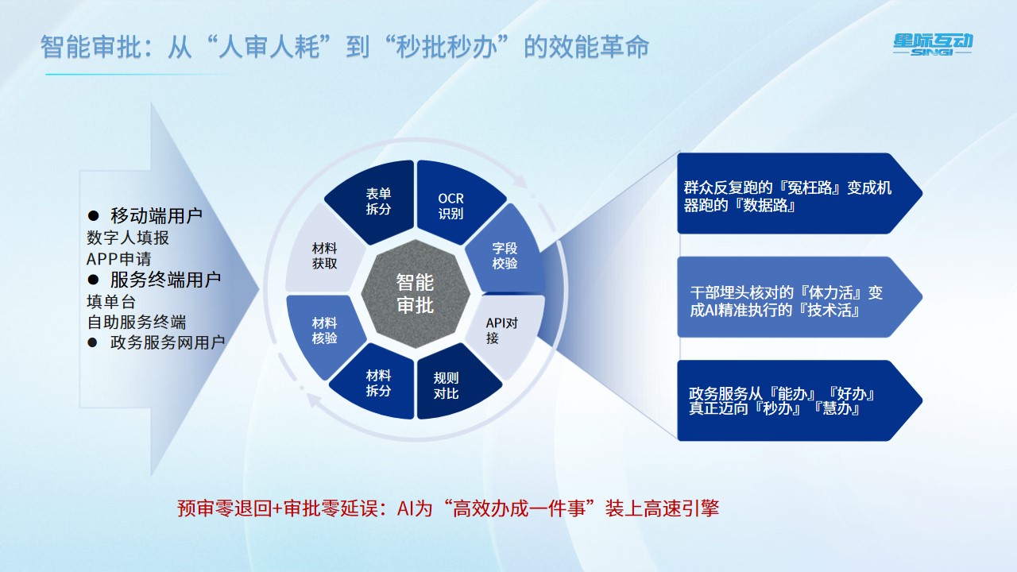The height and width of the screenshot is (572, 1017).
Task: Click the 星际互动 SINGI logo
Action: point(933,44)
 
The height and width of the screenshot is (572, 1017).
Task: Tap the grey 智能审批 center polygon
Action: point(415,294)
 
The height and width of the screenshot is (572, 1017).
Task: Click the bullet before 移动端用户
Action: point(93,215)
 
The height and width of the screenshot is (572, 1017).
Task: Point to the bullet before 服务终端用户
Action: point(93,280)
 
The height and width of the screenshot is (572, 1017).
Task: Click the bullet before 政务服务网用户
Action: point(92,342)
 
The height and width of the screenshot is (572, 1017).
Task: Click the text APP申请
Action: point(118,259)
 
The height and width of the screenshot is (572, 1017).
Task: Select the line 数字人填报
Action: point(128,238)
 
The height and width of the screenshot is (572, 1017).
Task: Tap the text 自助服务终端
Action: point(136,322)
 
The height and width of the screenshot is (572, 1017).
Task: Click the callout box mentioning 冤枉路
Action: point(799,193)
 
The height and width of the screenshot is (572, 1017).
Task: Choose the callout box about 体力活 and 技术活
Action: point(799,297)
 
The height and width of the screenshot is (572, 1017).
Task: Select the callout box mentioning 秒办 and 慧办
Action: point(799,400)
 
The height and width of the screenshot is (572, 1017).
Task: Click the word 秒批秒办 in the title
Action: point(447,47)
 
